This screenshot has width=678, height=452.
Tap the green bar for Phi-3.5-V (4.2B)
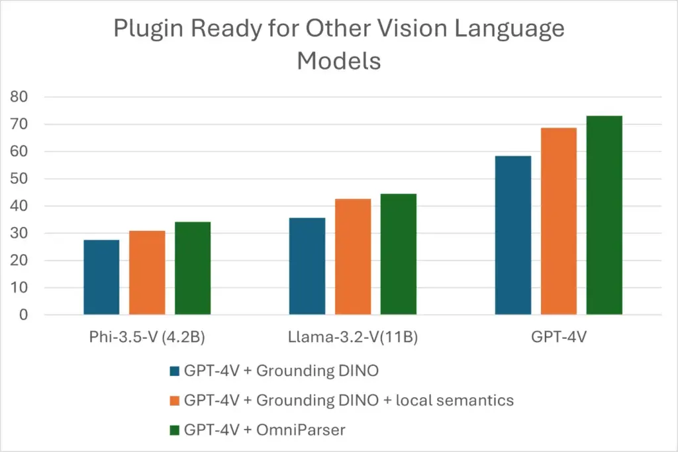pos(193,268)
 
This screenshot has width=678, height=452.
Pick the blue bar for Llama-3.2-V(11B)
pos(307,265)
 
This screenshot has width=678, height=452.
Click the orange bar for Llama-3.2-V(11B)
pos(353,256)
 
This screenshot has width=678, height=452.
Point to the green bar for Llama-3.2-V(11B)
pos(399,253)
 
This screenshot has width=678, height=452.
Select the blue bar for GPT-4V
pos(513,235)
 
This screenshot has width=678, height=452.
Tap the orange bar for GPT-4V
pos(559,221)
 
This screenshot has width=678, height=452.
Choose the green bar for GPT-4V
pos(605,215)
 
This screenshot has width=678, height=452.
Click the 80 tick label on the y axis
pos(19,97)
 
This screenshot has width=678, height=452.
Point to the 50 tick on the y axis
pos(19,179)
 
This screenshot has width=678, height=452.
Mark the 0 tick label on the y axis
pos(23,315)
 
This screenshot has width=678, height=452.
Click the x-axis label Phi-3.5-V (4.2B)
pos(147,337)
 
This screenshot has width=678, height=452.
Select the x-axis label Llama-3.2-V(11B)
pos(353,337)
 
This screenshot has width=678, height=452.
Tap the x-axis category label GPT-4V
pos(558,337)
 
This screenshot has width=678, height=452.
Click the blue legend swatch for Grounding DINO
pos(175,371)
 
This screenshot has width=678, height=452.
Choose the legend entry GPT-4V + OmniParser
pos(265,429)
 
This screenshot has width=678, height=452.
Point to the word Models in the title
pos(338,61)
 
